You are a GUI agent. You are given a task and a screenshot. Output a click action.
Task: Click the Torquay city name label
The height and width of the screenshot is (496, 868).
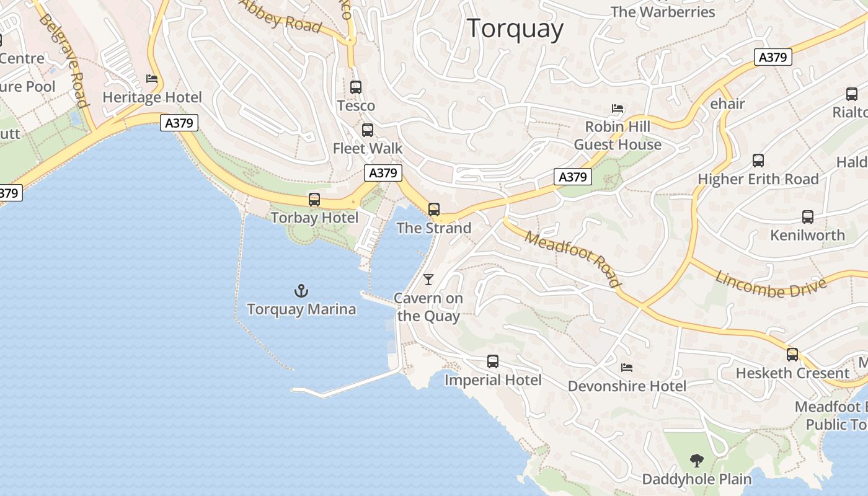(x=515, y=29)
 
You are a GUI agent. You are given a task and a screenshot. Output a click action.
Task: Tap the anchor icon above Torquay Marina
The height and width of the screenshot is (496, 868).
(x=301, y=290)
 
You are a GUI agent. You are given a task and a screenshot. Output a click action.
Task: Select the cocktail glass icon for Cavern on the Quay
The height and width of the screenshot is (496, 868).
(x=428, y=279)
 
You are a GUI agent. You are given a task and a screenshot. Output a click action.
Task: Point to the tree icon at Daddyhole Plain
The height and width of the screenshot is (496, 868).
(x=697, y=461)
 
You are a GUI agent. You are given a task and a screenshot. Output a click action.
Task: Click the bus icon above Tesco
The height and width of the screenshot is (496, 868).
(x=356, y=87)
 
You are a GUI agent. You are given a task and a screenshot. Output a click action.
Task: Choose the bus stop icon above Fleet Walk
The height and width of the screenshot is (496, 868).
(x=368, y=130)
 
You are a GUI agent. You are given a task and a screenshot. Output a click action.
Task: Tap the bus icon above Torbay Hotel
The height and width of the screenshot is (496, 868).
(x=314, y=200)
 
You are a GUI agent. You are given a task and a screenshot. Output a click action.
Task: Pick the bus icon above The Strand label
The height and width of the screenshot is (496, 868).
(x=434, y=210)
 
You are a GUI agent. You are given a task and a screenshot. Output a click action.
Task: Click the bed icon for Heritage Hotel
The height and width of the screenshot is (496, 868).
(x=152, y=79)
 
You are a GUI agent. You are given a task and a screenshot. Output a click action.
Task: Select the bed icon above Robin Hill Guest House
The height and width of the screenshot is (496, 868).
(x=618, y=108)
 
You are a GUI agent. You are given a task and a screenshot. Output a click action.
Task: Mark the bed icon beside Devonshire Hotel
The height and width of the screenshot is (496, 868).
(x=627, y=368)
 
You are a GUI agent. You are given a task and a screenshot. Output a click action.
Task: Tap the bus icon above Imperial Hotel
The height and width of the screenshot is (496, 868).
(x=493, y=361)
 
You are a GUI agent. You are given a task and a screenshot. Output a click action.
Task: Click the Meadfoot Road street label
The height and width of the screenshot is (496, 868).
(x=572, y=259)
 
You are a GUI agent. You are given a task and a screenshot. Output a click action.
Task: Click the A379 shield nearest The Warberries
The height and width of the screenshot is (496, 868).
(x=773, y=58)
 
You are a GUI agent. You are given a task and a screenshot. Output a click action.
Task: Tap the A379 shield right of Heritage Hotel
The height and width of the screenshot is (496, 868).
(x=179, y=123)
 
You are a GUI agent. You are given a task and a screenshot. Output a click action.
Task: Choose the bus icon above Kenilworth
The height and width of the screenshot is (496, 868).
(x=808, y=217)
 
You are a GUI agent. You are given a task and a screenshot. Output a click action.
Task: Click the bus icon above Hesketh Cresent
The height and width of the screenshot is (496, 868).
(x=792, y=355)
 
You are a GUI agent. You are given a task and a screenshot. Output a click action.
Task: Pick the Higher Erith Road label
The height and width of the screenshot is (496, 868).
(x=758, y=179)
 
